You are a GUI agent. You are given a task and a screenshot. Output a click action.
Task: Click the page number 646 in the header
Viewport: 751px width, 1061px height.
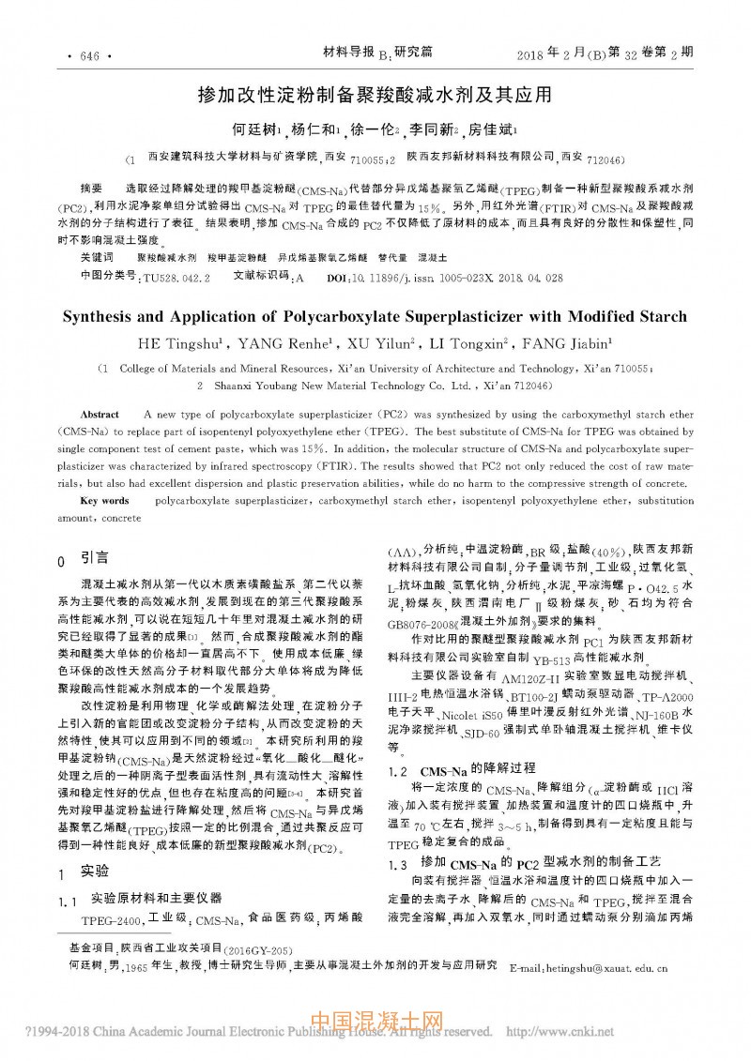tap(90, 56)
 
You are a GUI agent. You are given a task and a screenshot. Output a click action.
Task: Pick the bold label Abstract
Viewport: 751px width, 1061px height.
tap(100, 414)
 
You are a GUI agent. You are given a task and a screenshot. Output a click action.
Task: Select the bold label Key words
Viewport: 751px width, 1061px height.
tap(104, 501)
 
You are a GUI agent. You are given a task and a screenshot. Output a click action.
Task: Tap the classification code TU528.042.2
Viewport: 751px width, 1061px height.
tap(176, 279)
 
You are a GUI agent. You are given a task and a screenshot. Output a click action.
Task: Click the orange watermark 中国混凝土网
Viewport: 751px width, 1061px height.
tap(375, 1021)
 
